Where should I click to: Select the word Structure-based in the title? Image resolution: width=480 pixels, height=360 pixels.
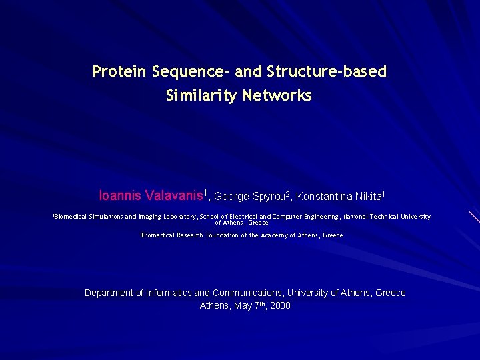pos(326,71)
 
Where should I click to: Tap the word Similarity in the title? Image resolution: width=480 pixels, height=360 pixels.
pos(202,96)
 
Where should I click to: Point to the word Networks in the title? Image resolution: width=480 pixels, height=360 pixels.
pos(277,96)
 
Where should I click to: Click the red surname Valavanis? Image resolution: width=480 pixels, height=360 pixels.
pos(173,196)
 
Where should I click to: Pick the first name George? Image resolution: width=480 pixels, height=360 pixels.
pos(231,196)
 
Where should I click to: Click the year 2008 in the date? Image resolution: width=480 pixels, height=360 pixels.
pos(280,305)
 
